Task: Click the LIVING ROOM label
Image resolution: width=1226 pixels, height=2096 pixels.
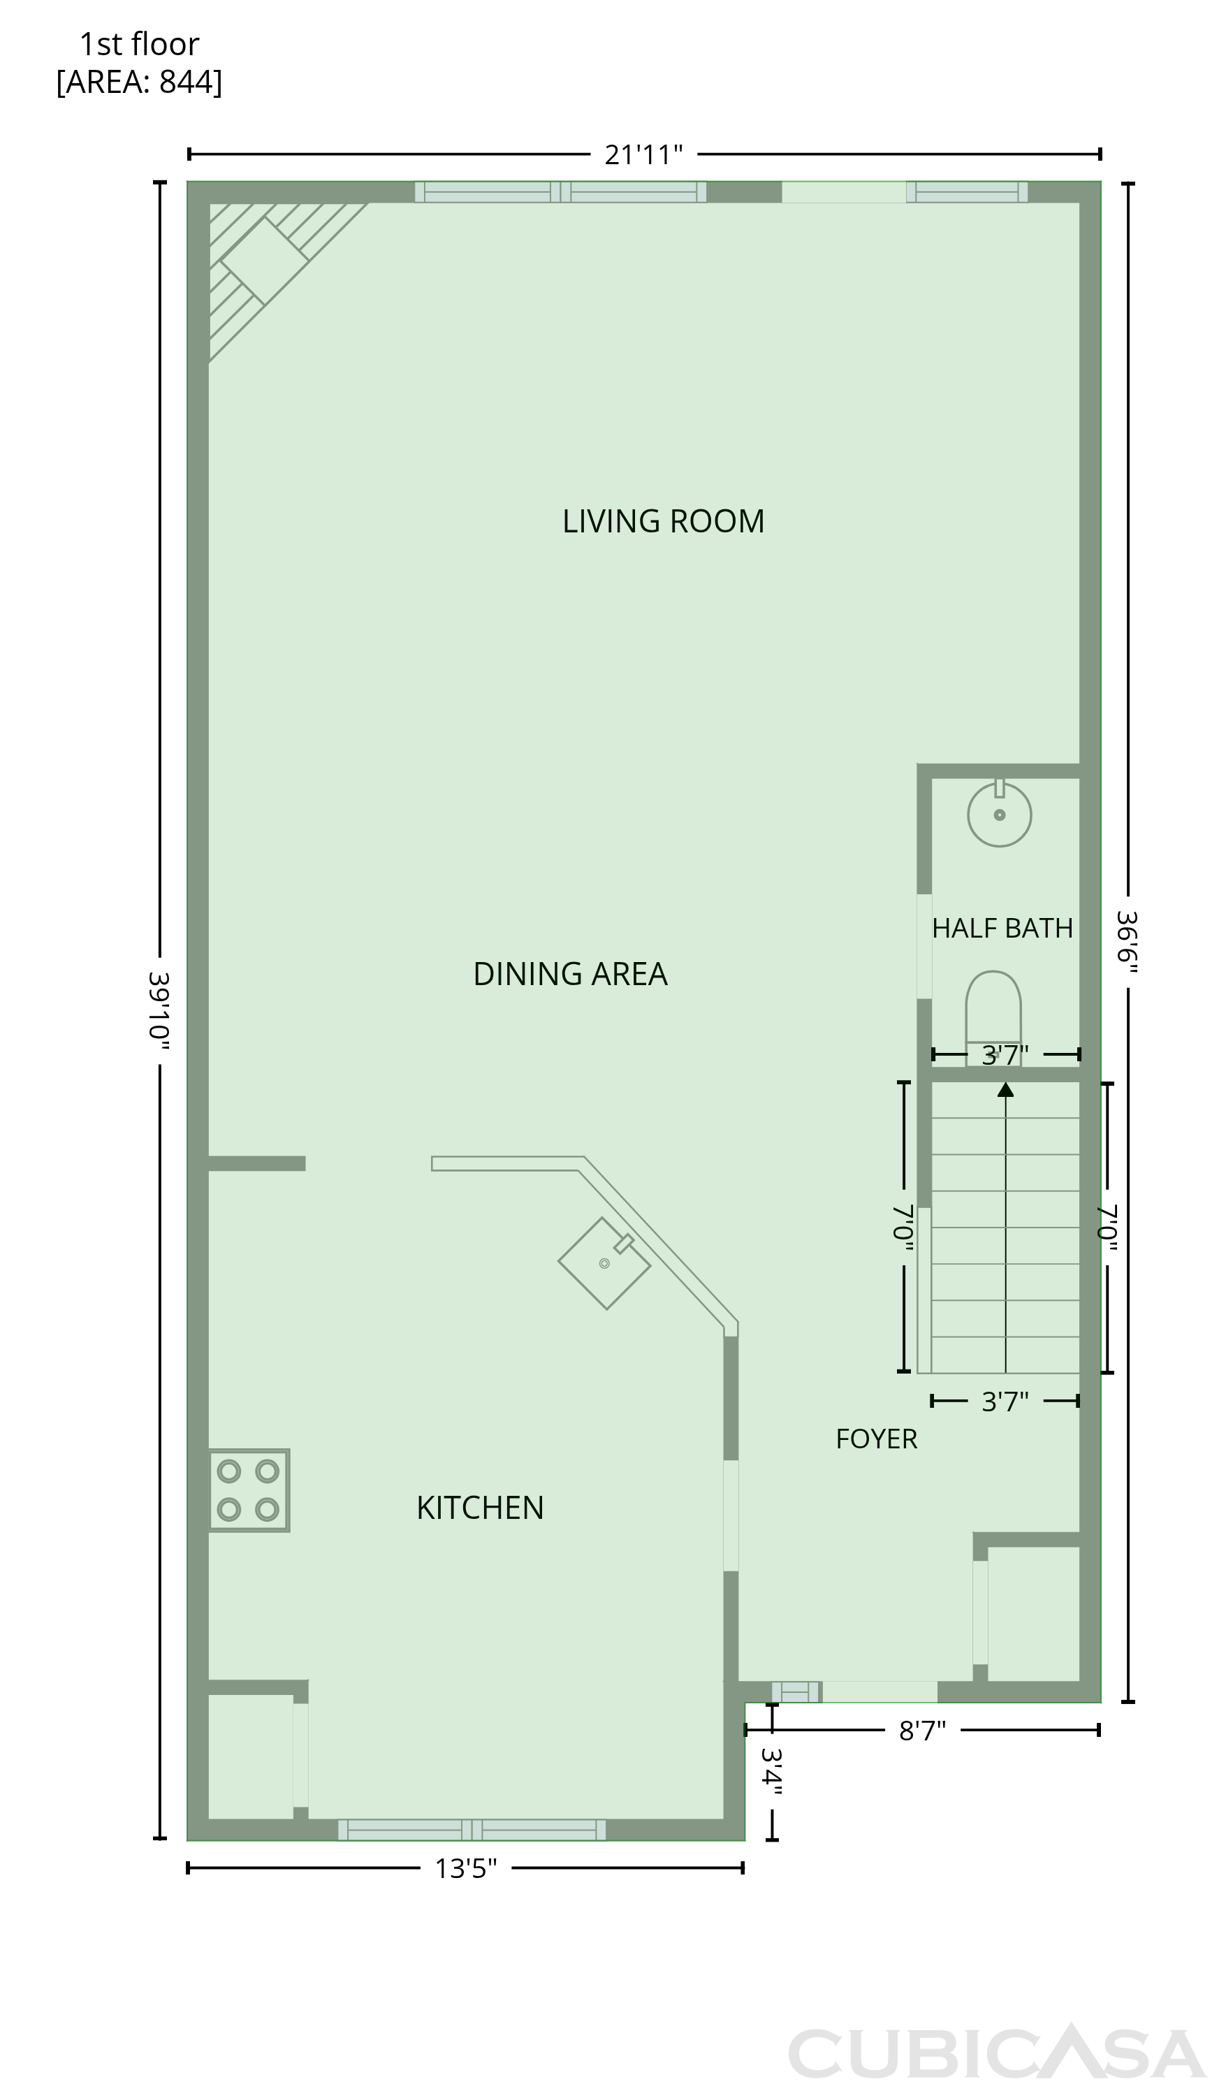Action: pos(663,521)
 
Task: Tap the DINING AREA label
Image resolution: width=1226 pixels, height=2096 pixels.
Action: pos(570,974)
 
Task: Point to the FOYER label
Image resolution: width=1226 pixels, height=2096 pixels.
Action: pos(877,1439)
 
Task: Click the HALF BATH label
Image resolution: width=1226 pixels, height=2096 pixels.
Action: pos(1002,929)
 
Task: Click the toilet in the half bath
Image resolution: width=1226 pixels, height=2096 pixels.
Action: pos(993,1017)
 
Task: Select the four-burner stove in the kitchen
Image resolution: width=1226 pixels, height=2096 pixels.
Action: pos(249,1490)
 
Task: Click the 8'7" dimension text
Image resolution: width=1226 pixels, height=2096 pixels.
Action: pos(922,1731)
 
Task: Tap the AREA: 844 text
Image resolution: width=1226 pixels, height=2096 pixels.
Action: pos(139,82)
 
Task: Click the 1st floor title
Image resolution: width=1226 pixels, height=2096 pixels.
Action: pos(139,44)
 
